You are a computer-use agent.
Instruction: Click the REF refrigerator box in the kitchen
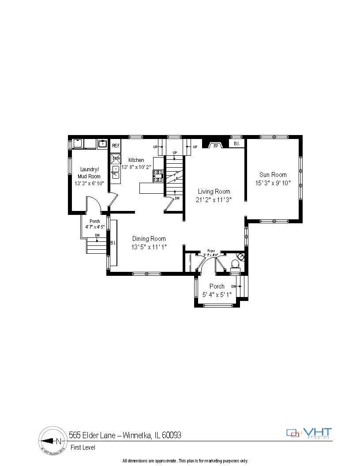click(x=116, y=145)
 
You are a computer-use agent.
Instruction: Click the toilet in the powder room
click(x=235, y=264)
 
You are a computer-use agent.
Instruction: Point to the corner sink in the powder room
click(x=240, y=256)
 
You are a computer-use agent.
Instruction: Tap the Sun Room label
click(x=273, y=175)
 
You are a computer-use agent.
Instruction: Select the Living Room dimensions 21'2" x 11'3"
click(x=214, y=199)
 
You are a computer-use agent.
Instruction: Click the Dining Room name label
click(x=149, y=239)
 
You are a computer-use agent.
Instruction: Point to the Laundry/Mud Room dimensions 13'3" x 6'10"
click(x=90, y=183)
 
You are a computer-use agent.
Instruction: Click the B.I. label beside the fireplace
click(x=236, y=144)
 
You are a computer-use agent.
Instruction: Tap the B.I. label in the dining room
click(x=113, y=243)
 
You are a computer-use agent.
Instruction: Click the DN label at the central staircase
click(x=177, y=198)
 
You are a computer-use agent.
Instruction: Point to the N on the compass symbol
click(x=59, y=441)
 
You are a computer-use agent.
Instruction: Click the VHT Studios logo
click(x=309, y=433)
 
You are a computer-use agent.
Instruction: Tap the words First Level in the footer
click(x=83, y=447)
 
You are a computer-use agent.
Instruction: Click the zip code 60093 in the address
click(x=172, y=435)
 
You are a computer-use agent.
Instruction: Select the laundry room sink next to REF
click(x=103, y=144)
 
